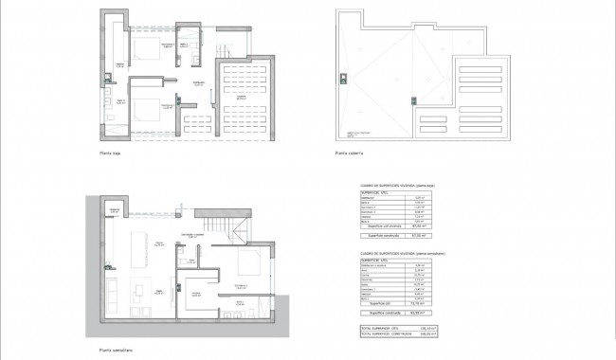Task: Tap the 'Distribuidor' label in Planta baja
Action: coord(199,83)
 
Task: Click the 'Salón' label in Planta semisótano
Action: coord(159,290)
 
